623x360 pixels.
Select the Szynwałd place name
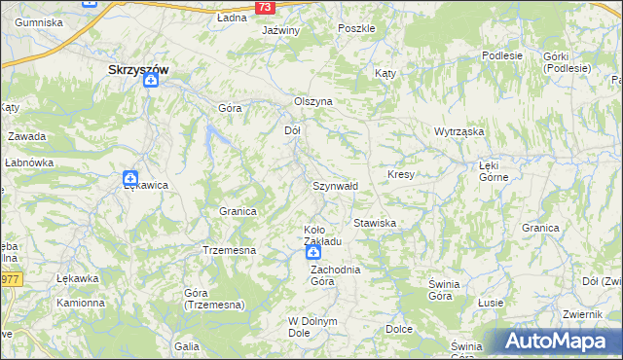pos(335,185)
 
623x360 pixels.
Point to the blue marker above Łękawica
pos(129,178)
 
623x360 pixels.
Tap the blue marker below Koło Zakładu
pos(313,253)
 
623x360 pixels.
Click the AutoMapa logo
pos(560,341)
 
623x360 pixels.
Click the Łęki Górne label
pos(495,171)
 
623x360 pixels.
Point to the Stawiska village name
pos(375,223)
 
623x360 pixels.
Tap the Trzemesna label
pos(229,250)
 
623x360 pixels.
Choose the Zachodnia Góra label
pos(335,274)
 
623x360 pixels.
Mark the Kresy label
pos(401,174)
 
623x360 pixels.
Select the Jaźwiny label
pos(280,30)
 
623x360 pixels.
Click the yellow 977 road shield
pos(10,279)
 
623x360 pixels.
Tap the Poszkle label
pos(356,28)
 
